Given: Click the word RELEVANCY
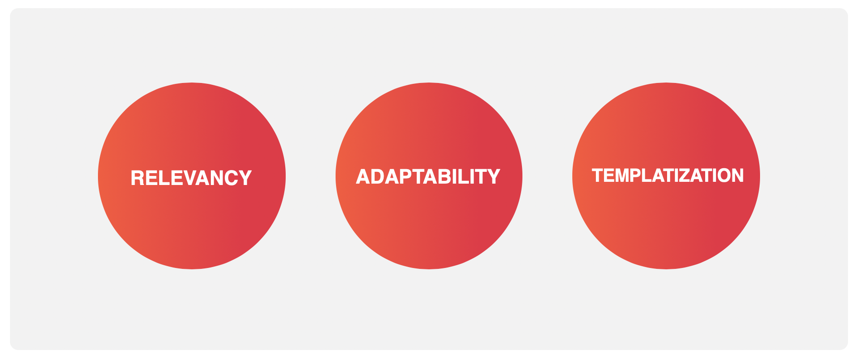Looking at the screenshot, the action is [191, 178].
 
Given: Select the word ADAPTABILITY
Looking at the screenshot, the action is [428, 176].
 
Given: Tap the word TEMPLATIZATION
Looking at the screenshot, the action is [668, 175].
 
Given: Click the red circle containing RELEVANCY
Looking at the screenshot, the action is [192, 176].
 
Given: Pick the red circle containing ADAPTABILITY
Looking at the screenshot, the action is [429, 176].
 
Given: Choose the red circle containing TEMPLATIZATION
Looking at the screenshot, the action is [666, 176].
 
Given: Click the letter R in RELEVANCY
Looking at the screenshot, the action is [137, 178].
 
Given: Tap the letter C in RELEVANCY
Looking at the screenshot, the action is [231, 178].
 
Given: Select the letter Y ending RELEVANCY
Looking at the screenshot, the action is [245, 178].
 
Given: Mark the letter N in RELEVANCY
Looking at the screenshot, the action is [216, 178].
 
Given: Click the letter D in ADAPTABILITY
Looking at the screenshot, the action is [378, 176].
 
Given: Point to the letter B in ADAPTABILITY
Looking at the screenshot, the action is [445, 176].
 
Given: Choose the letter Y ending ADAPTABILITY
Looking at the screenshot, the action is [494, 176].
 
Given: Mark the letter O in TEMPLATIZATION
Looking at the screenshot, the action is [721, 175].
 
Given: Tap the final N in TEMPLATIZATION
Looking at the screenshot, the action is [737, 175].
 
